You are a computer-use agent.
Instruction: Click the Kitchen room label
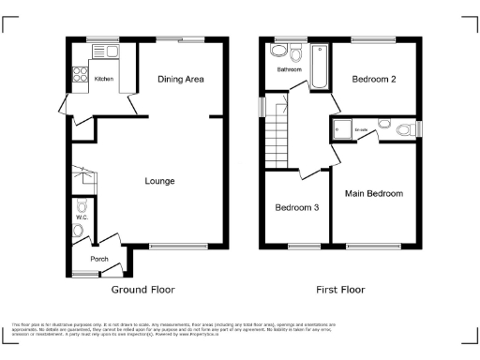point(103,79)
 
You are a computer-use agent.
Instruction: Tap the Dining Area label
point(181,80)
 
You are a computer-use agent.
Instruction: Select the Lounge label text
point(159,180)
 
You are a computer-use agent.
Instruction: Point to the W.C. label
point(82,218)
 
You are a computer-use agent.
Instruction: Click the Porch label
point(99,259)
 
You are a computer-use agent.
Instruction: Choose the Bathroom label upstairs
point(288,69)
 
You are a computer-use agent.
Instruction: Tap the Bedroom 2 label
point(373,80)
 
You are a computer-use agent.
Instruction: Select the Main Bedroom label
point(373,194)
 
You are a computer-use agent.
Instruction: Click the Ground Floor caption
point(145,290)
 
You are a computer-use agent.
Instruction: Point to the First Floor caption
point(340,290)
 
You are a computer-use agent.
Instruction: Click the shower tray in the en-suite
point(340,129)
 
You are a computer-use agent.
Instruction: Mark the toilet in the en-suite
point(405,129)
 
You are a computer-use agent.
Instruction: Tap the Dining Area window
point(195,40)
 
